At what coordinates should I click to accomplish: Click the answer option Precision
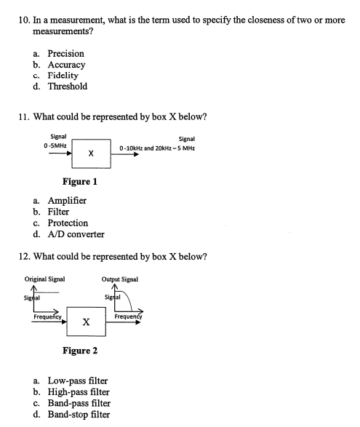click(x=65, y=54)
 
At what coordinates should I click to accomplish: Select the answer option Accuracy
click(x=66, y=65)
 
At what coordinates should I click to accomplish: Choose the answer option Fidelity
click(x=63, y=76)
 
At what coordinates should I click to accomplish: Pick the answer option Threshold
click(x=67, y=87)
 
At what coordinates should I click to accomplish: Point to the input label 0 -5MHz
click(x=55, y=145)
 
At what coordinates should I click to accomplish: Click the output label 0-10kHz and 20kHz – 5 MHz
click(x=157, y=148)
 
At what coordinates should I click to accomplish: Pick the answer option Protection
click(x=68, y=223)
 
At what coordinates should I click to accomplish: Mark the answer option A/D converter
click(x=76, y=234)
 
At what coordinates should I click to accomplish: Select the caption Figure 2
click(x=80, y=351)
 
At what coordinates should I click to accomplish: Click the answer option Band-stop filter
click(x=79, y=415)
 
